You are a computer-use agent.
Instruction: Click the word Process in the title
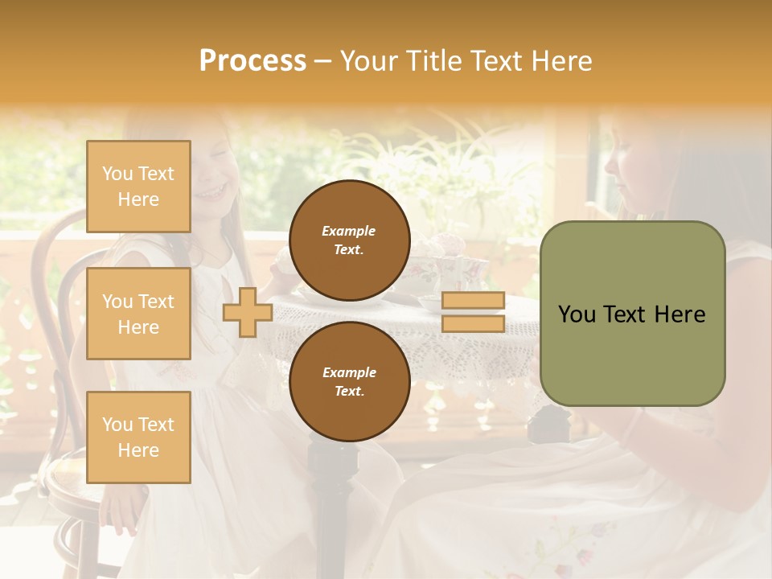coord(253,60)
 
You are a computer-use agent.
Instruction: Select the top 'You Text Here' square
coord(138,187)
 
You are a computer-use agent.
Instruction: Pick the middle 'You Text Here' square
coord(138,314)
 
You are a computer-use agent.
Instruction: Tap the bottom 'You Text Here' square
coord(138,437)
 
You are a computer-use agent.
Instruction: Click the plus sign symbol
coord(248,312)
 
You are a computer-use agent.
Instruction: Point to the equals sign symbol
coord(474,312)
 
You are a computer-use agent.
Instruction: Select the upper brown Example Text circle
coord(349,240)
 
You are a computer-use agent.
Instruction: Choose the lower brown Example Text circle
coord(349,381)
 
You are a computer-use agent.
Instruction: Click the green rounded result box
coord(632,314)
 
